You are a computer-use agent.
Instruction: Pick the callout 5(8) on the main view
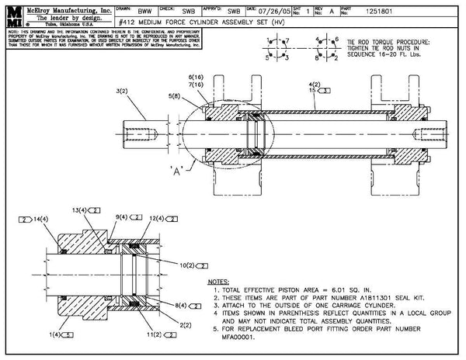174,96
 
